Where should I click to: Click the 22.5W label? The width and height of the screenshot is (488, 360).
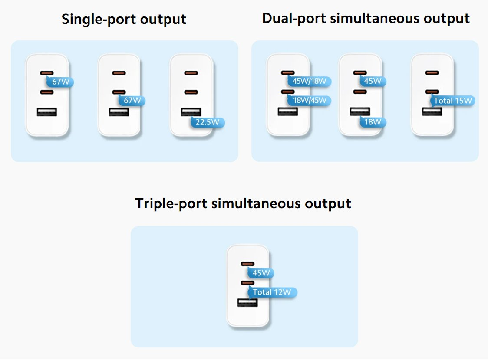tap(208, 122)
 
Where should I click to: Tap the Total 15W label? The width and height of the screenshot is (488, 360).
tap(453, 101)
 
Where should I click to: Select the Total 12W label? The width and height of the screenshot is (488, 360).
tap(272, 292)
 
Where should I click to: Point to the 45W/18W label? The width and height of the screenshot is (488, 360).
tap(309, 81)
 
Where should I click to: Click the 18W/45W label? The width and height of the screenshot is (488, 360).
tap(309, 101)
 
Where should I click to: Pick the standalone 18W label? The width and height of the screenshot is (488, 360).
tap(373, 122)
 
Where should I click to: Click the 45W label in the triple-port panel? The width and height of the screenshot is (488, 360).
tap(261, 273)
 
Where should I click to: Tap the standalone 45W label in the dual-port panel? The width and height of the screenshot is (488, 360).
tap(373, 81)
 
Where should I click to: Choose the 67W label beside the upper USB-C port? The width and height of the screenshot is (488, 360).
tap(60, 82)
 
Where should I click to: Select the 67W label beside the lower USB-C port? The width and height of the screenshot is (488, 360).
tap(132, 101)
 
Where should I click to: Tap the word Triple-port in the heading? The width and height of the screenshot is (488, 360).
tap(171, 203)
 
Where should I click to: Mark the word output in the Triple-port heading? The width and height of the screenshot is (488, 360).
tap(328, 203)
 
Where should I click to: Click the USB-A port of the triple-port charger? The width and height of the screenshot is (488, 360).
tap(247, 302)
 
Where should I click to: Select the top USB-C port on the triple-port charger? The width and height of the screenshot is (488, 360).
tap(247, 264)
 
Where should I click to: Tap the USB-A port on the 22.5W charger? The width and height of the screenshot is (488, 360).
tap(191, 112)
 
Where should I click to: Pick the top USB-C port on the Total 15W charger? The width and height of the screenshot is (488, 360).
tap(432, 73)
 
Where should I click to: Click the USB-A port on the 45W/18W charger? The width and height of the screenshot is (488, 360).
tap(288, 111)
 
